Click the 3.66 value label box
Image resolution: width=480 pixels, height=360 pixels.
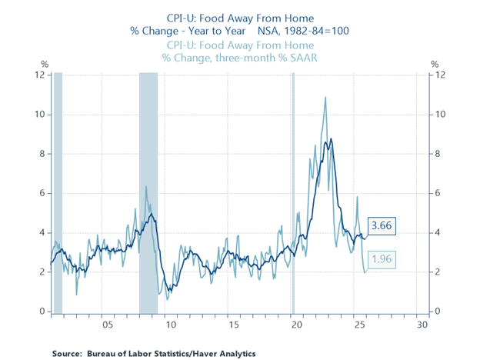coord(382,226)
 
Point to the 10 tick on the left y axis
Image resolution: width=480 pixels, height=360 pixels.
coord(38,115)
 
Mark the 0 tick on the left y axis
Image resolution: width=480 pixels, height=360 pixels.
coord(42,312)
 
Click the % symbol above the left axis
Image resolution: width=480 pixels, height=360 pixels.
coord(45,64)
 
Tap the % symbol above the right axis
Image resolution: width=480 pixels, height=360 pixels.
coord(435,64)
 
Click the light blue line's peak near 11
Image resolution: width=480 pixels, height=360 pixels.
coord(325,98)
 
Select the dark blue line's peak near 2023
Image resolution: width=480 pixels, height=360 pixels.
coord(332,139)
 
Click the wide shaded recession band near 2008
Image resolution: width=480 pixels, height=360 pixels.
coord(148,192)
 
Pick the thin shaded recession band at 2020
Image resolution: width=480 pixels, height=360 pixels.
coord(293,192)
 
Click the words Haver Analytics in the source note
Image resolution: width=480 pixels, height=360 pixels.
coord(225,353)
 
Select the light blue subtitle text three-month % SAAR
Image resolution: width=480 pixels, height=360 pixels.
coord(259,57)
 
